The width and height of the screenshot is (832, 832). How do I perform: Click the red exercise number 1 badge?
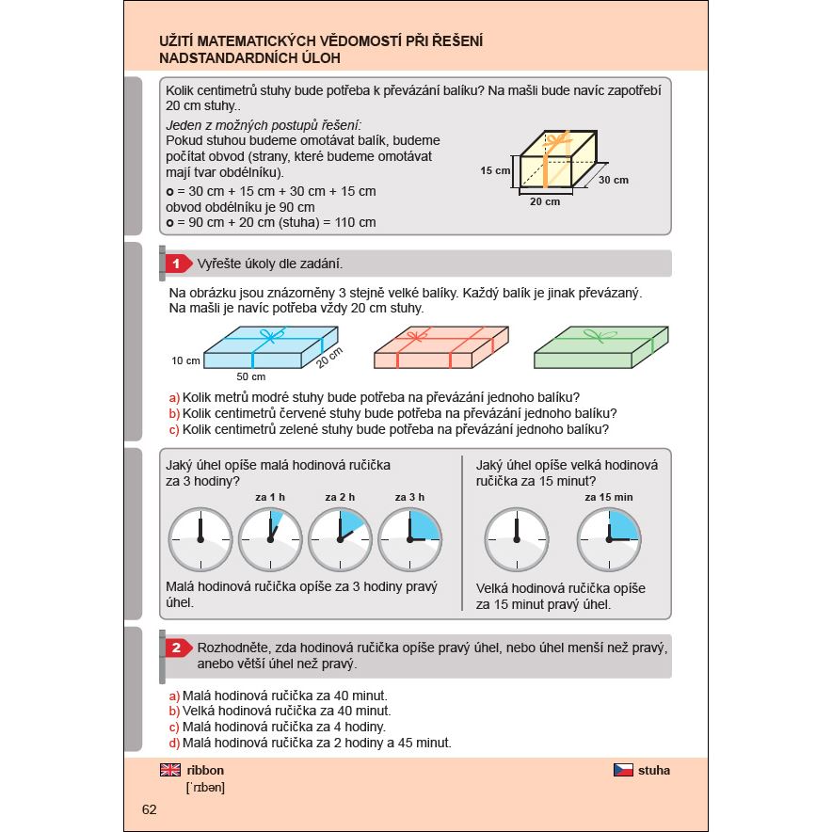pyautogui.click(x=176, y=264)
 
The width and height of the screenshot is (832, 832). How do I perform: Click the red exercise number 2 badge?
pyautogui.click(x=176, y=648)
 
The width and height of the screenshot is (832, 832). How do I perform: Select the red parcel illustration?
pyautogui.click(x=440, y=348)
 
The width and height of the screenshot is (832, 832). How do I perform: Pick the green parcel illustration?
pyautogui.click(x=600, y=348)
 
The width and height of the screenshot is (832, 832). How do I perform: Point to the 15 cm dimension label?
pyautogui.click(x=495, y=171)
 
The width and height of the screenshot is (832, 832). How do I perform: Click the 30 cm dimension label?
pyautogui.click(x=613, y=179)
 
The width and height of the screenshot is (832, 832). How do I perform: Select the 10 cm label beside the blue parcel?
pyautogui.click(x=185, y=360)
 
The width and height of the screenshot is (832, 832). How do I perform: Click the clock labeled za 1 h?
pyautogui.click(x=270, y=539)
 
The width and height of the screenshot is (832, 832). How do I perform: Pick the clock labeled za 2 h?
pyautogui.click(x=340, y=539)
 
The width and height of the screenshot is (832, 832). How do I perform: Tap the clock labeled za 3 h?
pyautogui.click(x=409, y=539)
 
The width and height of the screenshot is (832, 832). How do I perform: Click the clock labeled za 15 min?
pyautogui.click(x=608, y=539)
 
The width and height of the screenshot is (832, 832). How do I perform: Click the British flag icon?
pyautogui.click(x=170, y=770)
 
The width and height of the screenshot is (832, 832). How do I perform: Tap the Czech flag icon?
pyautogui.click(x=622, y=770)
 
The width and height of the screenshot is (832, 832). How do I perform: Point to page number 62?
pyautogui.click(x=150, y=810)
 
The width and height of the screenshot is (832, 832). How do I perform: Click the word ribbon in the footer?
pyautogui.click(x=206, y=770)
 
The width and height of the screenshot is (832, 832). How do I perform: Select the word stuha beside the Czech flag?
pyautogui.click(x=654, y=770)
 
